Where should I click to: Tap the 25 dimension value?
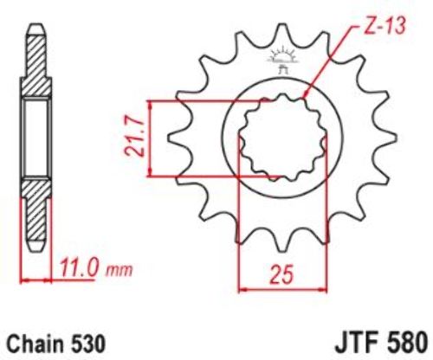click(281, 273)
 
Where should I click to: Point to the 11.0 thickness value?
click(77, 268)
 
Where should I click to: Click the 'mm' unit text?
click(120, 271)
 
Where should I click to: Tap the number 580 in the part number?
click(406, 344)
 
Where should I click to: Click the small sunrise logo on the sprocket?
click(281, 57)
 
